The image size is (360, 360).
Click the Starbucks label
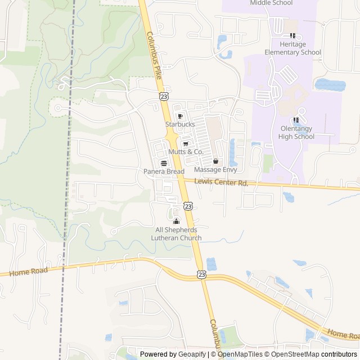tap(180, 124)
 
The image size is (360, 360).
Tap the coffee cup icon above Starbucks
tap(180, 116)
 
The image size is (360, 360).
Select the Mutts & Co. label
tap(186, 152)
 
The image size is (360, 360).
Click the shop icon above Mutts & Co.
tap(186, 144)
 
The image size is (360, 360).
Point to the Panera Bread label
tap(164, 171)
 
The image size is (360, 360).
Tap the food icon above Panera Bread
tap(164, 163)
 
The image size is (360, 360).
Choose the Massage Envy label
tap(215, 169)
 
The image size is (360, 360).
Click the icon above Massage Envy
tap(215, 161)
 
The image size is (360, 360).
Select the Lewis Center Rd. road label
tap(221, 182)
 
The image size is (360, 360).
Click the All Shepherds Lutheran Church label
tap(176, 234)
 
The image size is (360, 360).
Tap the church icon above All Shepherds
tap(176, 220)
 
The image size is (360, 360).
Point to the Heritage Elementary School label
tap(296, 48)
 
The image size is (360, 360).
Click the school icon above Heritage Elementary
tap(292, 35)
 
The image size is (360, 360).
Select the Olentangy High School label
tap(297, 132)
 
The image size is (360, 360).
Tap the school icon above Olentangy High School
tap(295, 120)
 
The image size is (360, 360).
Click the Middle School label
tap(272, 3)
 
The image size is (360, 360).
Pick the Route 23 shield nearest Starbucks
tap(163, 97)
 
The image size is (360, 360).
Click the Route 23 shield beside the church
tap(188, 206)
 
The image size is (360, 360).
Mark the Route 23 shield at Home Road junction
tap(201, 274)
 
